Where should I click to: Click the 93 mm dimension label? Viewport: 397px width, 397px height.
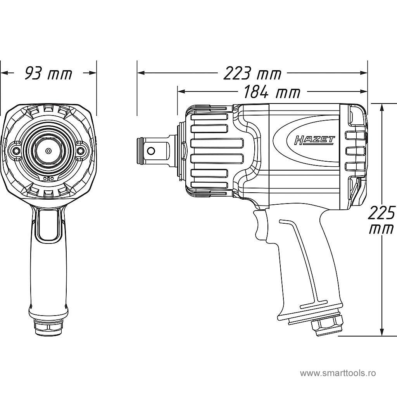(48, 73)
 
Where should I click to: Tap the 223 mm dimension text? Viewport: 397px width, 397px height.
(252, 73)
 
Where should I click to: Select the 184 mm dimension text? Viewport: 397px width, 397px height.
(272, 92)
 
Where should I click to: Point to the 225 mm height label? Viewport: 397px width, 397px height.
(381, 220)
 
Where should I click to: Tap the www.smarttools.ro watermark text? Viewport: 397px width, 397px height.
(338, 373)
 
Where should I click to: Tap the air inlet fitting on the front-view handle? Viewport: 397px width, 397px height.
(48, 327)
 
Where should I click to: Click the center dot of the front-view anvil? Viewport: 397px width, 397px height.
(48, 150)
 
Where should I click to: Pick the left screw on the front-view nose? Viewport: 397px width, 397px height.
(16, 150)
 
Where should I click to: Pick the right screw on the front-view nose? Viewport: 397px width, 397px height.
(81, 150)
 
